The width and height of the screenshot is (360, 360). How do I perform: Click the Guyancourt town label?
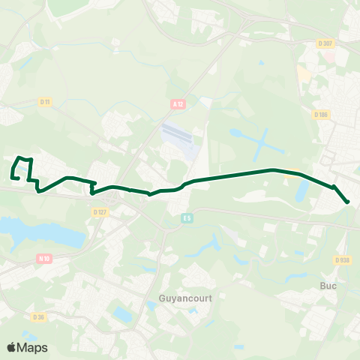coord(186,298)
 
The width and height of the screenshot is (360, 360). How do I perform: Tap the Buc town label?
coord(328,286)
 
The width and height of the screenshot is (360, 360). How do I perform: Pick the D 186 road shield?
coord(322,114)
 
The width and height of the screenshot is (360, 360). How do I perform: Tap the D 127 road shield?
coord(101,212)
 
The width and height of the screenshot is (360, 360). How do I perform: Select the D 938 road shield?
coord(343,260)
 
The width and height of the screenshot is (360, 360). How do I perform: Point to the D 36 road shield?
coord(38,317)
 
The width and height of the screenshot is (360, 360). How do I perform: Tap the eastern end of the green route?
coord(348,202)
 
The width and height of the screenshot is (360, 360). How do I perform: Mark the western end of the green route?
coord(13,177)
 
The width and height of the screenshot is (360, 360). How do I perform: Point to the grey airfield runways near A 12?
coord(180,138)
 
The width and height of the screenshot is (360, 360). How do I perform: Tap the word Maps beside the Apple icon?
coord(32,347)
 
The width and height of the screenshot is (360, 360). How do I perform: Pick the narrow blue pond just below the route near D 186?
coord(302,191)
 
